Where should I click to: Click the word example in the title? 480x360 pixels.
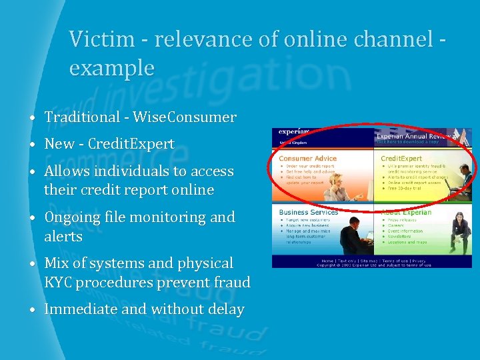pos(111,67)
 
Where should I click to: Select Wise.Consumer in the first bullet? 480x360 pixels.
pos(185,117)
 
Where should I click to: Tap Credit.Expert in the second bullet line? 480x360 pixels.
pos(131,144)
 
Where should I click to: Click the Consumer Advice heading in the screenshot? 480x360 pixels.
pos(307,159)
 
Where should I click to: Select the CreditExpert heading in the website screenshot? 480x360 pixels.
pos(401,159)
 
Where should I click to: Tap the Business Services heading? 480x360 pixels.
pos(308,212)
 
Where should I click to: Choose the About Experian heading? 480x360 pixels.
pos(407,212)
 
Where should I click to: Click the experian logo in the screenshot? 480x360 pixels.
pos(293,133)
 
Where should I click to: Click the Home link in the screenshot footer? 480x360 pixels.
pos(327,261)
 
